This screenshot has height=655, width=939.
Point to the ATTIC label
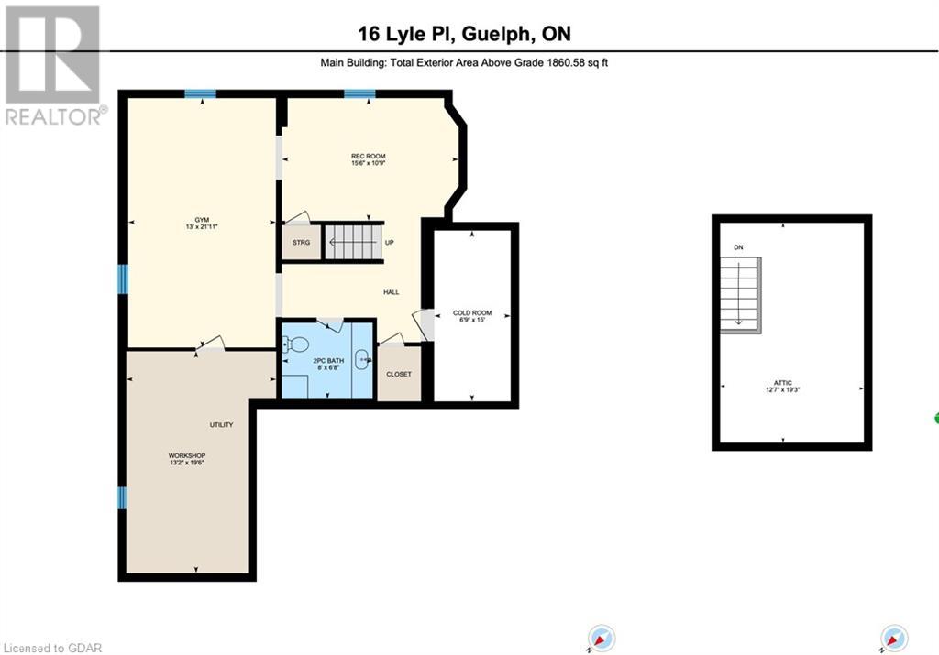[781, 384]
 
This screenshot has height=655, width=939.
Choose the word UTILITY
[221, 424]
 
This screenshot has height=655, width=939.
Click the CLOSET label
[399, 374]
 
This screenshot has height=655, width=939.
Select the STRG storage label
[301, 243]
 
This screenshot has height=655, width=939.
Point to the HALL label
[392, 292]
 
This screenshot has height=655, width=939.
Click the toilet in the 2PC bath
[294, 344]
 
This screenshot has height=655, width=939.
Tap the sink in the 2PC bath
[363, 360]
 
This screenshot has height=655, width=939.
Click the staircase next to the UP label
[351, 243]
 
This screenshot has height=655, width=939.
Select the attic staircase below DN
[740, 292]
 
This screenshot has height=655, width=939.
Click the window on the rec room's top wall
[359, 93]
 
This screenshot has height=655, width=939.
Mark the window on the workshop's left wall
[122, 497]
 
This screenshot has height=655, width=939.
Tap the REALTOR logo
[53, 64]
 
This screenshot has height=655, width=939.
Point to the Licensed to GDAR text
[52, 647]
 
